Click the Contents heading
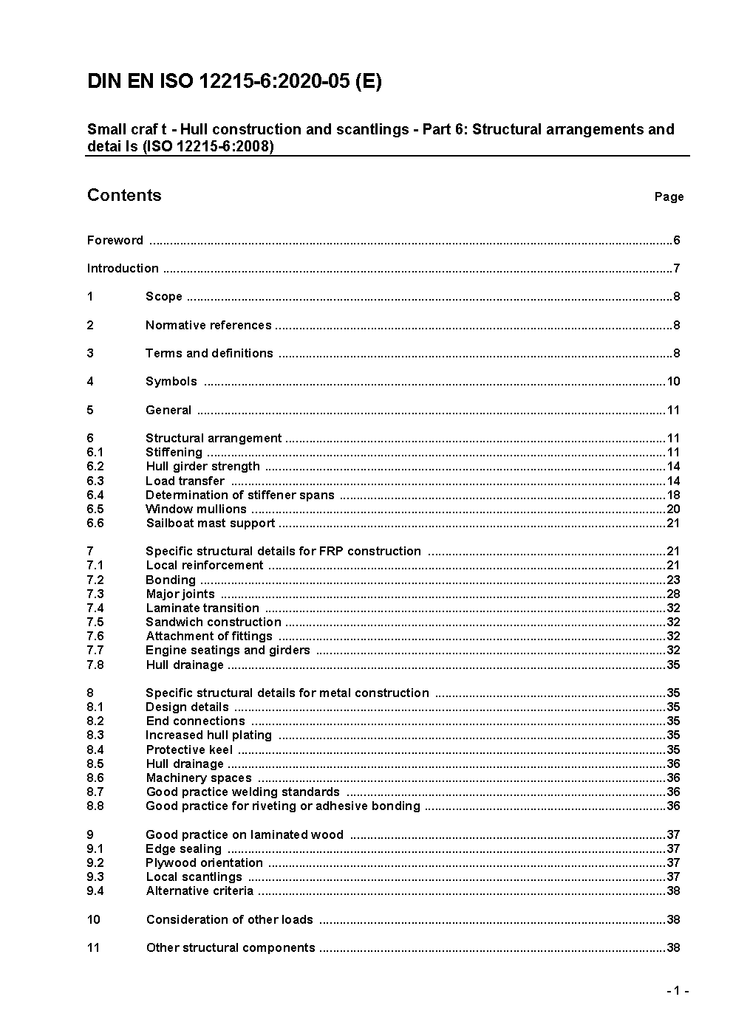click(124, 195)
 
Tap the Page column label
click(669, 196)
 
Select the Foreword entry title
click(115, 240)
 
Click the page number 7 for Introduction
click(676, 268)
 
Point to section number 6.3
click(95, 481)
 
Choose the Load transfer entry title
click(185, 481)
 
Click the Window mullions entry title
click(196, 509)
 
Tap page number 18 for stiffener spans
click(672, 495)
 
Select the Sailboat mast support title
click(210, 523)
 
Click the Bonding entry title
click(171, 580)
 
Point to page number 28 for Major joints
click(672, 594)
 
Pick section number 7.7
click(95, 650)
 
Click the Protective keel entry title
click(189, 749)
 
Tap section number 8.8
click(95, 806)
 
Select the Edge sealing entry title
click(183, 848)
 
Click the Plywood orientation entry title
click(204, 862)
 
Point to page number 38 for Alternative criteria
click(672, 891)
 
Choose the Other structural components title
click(231, 947)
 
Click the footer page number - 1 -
click(677, 990)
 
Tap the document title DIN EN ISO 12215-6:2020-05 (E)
click(234, 81)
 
